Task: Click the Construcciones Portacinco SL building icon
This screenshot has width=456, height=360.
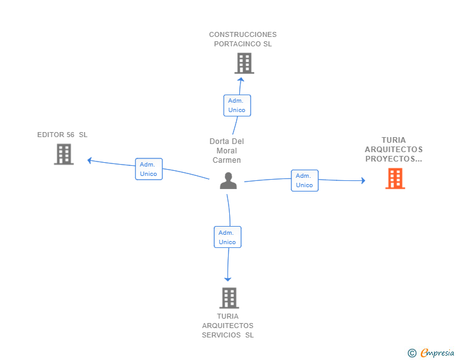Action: pyautogui.click(x=244, y=63)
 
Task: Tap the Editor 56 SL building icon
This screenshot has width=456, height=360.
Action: pyautogui.click(x=64, y=154)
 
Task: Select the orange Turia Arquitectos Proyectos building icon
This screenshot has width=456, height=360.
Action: pyautogui.click(x=395, y=178)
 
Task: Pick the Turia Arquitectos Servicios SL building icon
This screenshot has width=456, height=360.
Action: pyautogui.click(x=229, y=298)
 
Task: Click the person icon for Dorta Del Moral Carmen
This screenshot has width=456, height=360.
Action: pyautogui.click(x=228, y=181)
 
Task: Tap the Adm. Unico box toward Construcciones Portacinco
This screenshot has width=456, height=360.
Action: pyautogui.click(x=237, y=105)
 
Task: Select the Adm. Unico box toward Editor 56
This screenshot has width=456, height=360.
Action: pyautogui.click(x=148, y=169)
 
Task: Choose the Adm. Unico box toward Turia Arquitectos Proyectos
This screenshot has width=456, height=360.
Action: pyautogui.click(x=304, y=180)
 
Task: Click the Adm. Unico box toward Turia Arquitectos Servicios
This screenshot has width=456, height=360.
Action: pyautogui.click(x=227, y=237)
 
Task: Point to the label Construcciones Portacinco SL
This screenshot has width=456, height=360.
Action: pyautogui.click(x=243, y=39)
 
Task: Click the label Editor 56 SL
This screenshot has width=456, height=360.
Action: pyautogui.click(x=63, y=135)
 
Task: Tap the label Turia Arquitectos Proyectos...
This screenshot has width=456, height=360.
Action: pyautogui.click(x=393, y=150)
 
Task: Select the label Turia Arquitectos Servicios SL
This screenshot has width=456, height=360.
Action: pyautogui.click(x=228, y=326)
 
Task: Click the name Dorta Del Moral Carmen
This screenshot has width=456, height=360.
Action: pyautogui.click(x=227, y=150)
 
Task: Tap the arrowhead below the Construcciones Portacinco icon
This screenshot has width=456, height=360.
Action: pyautogui.click(x=241, y=79)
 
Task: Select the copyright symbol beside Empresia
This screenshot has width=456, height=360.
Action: pyautogui.click(x=412, y=353)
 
